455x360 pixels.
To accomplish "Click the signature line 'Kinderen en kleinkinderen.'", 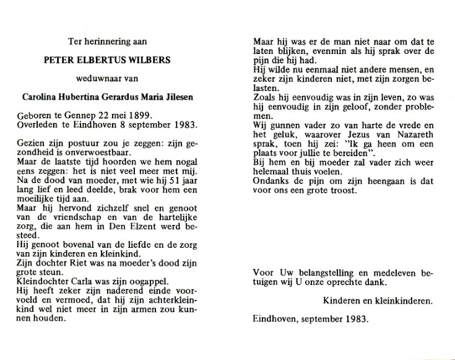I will tap(377, 301).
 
